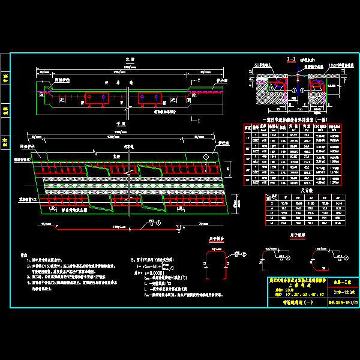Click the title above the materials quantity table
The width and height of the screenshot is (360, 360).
click(x=298, y=120)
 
